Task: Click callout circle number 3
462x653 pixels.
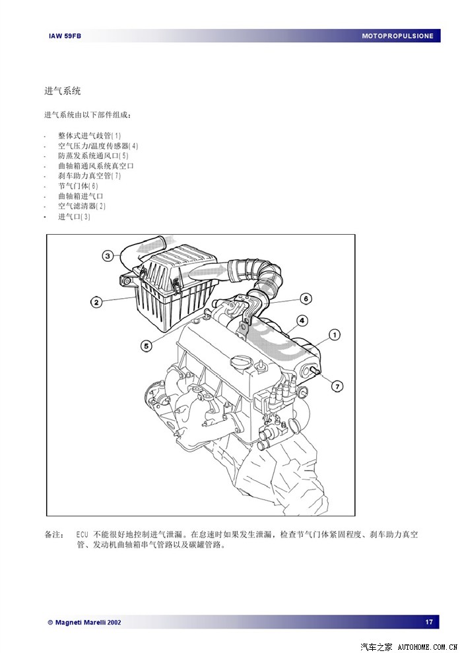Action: pyautogui.click(x=108, y=255)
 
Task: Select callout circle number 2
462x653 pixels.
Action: pyautogui.click(x=96, y=302)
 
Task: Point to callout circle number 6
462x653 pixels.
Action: pyautogui.click(x=306, y=298)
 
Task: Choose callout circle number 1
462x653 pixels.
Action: pyautogui.click(x=334, y=335)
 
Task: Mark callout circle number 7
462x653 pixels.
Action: pyautogui.click(x=337, y=386)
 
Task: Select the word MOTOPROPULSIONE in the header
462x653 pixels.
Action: pyautogui.click(x=397, y=36)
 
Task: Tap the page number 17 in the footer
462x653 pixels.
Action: pyautogui.click(x=429, y=622)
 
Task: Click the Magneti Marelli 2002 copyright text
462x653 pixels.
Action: pyautogui.click(x=84, y=622)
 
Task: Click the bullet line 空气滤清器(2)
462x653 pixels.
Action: pyautogui.click(x=81, y=206)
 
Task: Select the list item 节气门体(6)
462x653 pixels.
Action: pyautogui.click(x=78, y=186)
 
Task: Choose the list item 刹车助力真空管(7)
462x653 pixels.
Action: pyautogui.click(x=89, y=176)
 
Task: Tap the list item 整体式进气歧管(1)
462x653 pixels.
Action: pyautogui.click(x=89, y=135)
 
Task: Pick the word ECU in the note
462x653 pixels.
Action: pyautogui.click(x=82, y=534)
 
